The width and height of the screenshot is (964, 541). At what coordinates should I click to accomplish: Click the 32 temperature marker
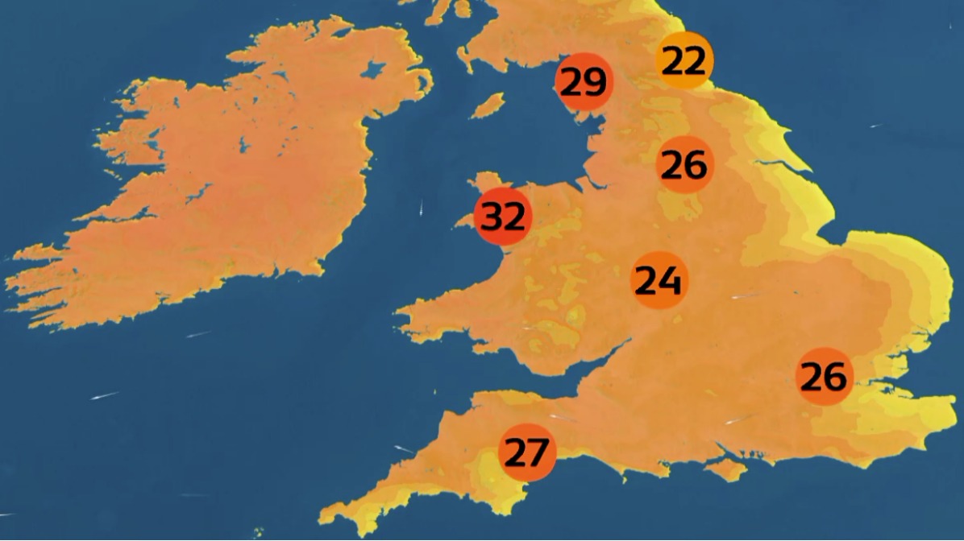click(x=503, y=217)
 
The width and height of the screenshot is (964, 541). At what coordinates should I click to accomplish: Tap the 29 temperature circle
click(x=584, y=81)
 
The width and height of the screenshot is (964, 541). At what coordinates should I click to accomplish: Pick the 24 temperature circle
click(x=659, y=280)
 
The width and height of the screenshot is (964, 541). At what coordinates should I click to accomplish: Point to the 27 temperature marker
click(x=527, y=452)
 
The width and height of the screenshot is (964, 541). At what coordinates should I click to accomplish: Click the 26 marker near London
click(x=825, y=377)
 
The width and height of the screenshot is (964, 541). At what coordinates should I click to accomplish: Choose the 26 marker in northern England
click(x=685, y=165)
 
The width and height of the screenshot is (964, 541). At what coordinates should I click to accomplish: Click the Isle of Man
click(x=488, y=105)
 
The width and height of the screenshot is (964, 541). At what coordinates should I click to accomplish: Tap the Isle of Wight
click(x=725, y=469)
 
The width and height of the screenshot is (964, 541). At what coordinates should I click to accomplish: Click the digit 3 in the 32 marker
click(x=492, y=217)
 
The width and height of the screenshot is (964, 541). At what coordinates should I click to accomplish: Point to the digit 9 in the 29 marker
click(x=595, y=81)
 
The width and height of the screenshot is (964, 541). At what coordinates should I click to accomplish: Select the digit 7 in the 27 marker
click(x=538, y=452)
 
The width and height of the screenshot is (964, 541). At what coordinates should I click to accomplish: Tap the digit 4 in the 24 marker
click(x=671, y=280)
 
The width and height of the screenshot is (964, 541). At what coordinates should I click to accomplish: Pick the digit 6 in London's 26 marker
click(x=836, y=377)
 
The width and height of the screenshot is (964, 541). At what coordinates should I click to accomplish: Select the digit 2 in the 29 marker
click(x=572, y=81)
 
